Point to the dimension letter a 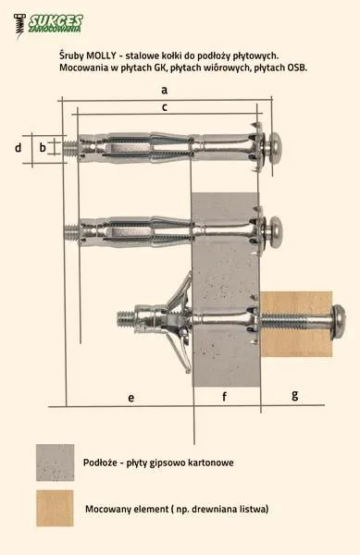(x=164, y=91)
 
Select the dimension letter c (x=164, y=107)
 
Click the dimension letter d (x=19, y=148)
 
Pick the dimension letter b (x=43, y=147)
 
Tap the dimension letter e (x=131, y=398)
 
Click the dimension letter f (x=224, y=397)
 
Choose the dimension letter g (x=295, y=395)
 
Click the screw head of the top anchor (x=275, y=147)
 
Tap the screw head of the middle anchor (x=276, y=231)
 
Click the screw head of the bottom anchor (x=338, y=322)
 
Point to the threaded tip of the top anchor (x=70, y=147)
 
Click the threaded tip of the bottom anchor (x=125, y=318)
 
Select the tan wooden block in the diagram (x=296, y=324)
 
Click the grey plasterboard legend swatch (x=55, y=462)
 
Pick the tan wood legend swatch (x=55, y=508)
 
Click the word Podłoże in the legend (x=99, y=462)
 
